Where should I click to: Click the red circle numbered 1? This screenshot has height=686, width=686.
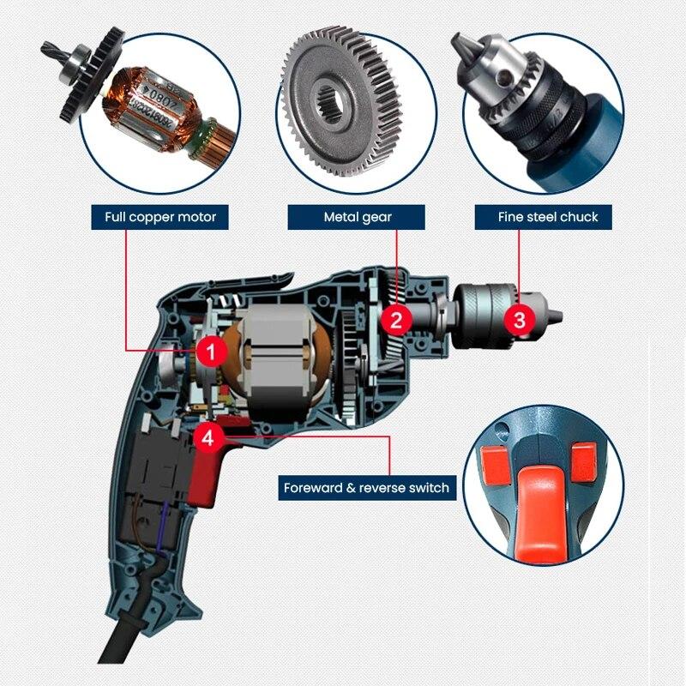point(211,350)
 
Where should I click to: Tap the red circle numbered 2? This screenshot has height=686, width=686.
point(396,320)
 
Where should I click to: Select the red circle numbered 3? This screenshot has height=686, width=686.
point(519,320)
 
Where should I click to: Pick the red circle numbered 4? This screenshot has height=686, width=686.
point(209,436)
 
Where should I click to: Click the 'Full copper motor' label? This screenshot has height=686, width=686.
point(160,217)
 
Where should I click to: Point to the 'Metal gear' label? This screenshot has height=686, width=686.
point(358,217)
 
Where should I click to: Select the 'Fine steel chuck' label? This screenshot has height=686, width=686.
point(548,217)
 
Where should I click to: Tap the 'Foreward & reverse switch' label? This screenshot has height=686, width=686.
point(367,488)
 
